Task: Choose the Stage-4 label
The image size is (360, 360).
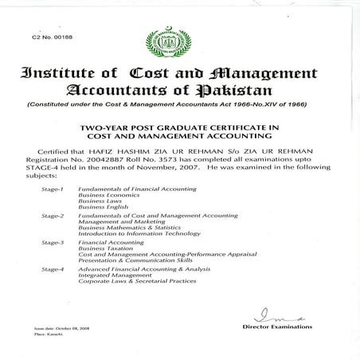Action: [x=53, y=270]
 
